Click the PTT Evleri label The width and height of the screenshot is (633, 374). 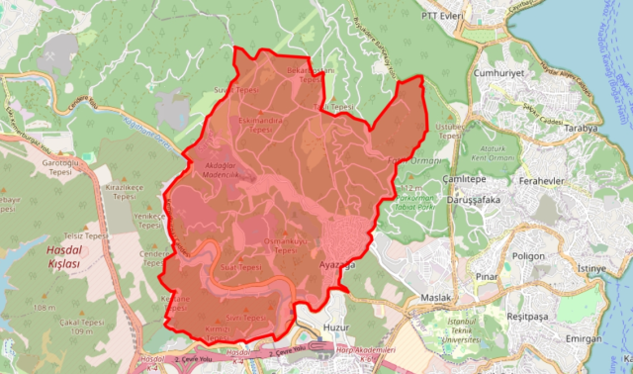444,16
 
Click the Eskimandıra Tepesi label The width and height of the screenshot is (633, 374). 261,125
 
